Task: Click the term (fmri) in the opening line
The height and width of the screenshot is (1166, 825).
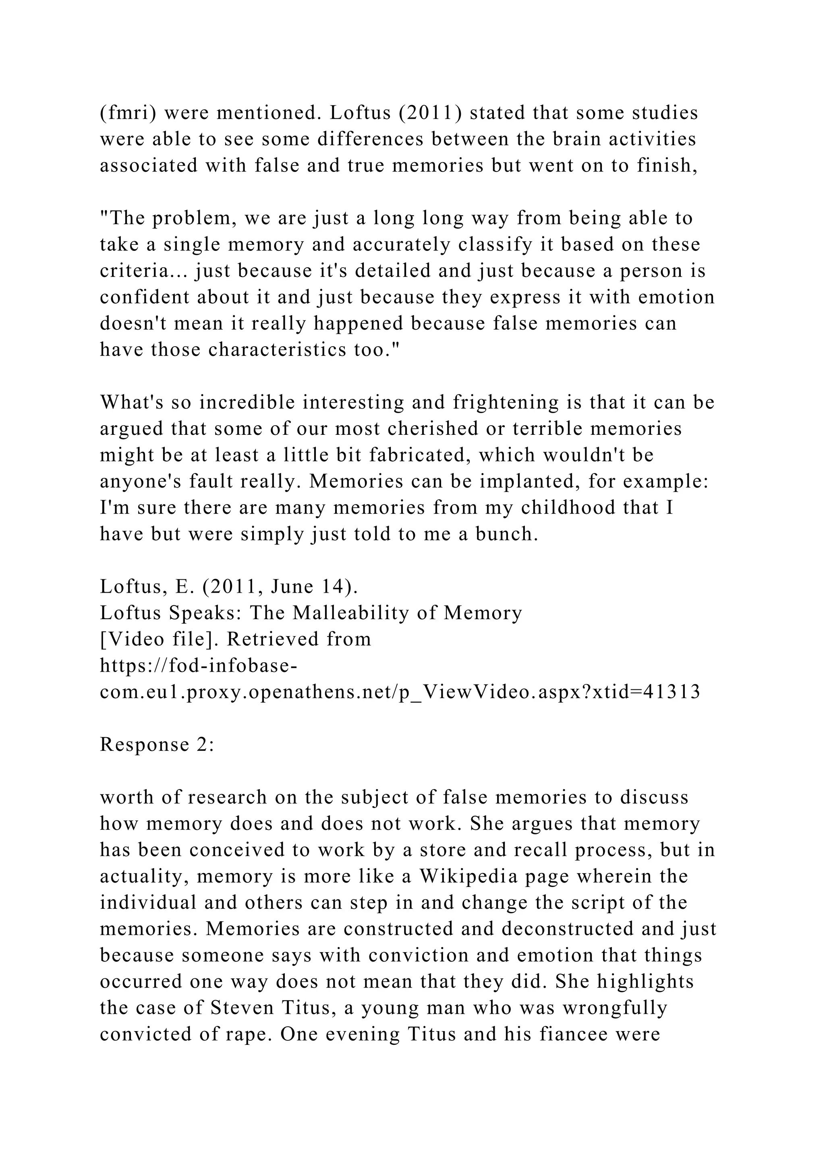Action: pos(128,113)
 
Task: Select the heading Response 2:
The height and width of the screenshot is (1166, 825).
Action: pos(158,744)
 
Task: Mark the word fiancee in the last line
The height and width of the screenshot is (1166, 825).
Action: pos(573,1034)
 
